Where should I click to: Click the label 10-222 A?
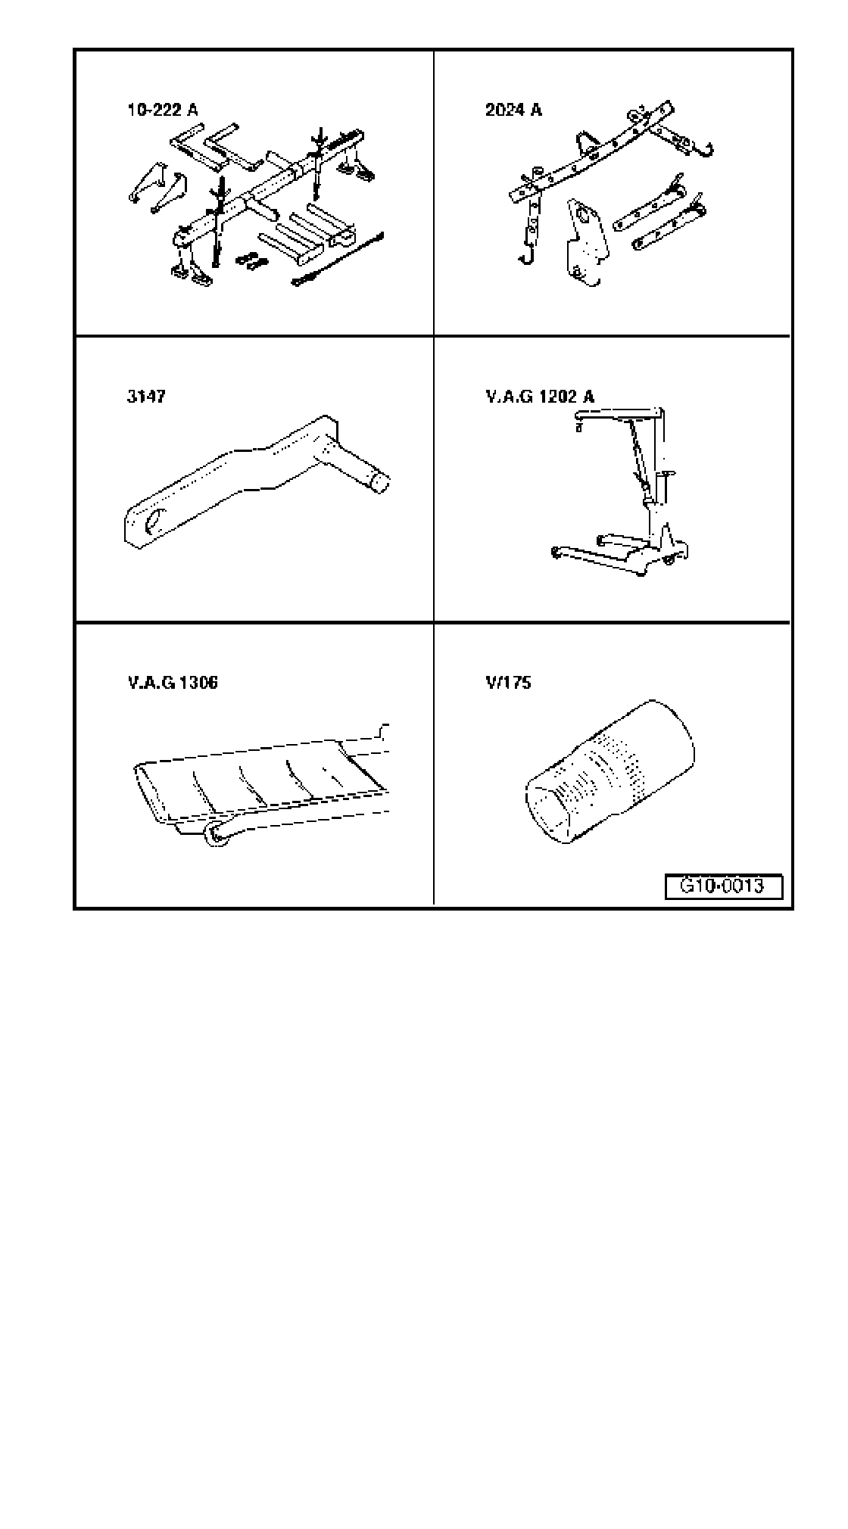[162, 111]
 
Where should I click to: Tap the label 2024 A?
[513, 111]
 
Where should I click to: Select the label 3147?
[145, 397]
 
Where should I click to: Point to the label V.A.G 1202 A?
[539, 397]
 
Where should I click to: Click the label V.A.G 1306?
[172, 683]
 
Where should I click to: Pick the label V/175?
[508, 683]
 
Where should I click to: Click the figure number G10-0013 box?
[722, 886]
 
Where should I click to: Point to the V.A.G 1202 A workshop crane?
[628, 492]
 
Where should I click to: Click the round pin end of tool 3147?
[379, 482]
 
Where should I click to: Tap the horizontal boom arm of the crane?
[617, 414]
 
